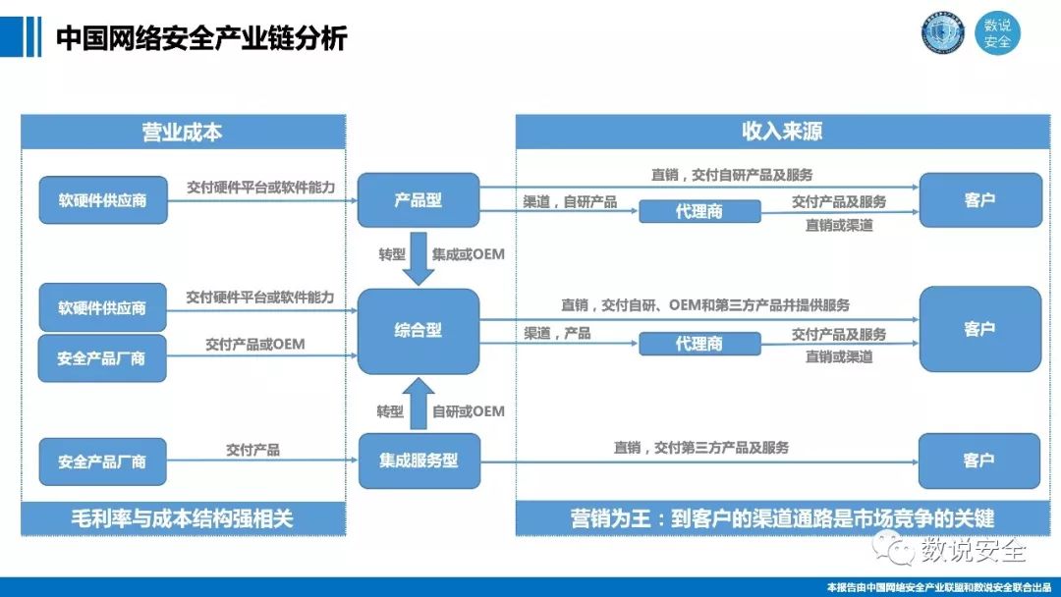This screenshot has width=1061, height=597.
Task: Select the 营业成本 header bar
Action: (183, 132)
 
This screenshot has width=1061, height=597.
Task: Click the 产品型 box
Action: (418, 200)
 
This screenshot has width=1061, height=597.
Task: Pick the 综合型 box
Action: (418, 331)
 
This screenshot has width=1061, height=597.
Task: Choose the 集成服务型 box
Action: (419, 461)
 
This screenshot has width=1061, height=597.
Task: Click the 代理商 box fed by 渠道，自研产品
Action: (699, 211)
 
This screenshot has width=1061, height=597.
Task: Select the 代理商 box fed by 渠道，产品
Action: (699, 344)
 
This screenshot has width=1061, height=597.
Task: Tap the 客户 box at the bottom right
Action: (979, 461)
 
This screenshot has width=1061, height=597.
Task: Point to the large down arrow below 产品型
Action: (419, 257)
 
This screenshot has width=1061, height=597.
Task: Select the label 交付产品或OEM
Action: (254, 345)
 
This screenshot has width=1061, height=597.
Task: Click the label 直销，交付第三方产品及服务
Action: (701, 448)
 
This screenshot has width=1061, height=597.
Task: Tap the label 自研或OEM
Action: (469, 411)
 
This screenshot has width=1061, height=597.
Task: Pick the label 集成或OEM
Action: (469, 254)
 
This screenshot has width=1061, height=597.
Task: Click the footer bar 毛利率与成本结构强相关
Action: (183, 517)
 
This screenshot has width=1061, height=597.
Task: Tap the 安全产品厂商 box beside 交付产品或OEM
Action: (101, 358)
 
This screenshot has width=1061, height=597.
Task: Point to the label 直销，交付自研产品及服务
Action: (732, 175)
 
